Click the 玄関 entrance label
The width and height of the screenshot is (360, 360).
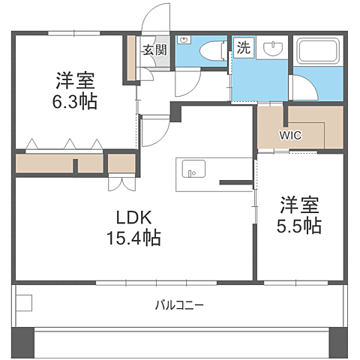[154, 50]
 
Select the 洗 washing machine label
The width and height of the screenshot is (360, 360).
[245, 48]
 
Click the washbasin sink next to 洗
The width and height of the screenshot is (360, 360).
[271, 50]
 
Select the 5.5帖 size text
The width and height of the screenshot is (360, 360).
[301, 225]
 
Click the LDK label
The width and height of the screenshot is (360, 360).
[135, 219]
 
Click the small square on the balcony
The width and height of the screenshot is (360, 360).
[23, 303]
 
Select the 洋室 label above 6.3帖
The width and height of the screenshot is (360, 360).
[74, 79]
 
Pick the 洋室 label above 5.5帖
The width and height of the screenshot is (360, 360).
[301, 204]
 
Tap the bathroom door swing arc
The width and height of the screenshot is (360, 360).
[304, 86]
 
